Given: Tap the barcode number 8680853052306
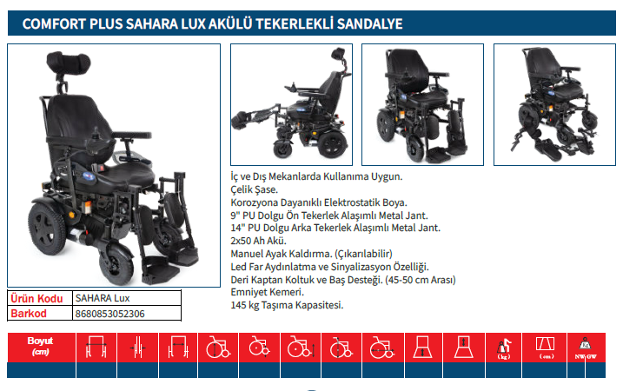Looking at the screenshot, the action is click(109, 314).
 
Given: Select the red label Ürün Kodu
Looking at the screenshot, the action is click(36, 298).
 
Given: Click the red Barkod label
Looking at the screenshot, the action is click(29, 314).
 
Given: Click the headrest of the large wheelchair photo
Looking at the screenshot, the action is click(69, 63).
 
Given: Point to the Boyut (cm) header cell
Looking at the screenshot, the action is click(40, 347).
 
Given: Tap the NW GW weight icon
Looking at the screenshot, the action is click(586, 348).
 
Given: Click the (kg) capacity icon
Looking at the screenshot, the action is click(504, 348).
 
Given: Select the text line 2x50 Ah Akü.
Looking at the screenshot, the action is click(258, 241).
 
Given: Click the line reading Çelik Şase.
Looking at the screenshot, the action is click(254, 189).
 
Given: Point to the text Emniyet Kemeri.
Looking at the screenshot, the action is click(267, 292).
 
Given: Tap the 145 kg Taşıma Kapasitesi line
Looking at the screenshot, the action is click(287, 305).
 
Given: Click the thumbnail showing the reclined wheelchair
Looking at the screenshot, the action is click(291, 104).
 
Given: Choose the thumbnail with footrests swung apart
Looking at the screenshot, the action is click(554, 104).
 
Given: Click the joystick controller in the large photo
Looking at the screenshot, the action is click(96, 139).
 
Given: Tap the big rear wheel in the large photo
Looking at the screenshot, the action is click(47, 229).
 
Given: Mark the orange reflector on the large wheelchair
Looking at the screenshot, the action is click(87, 207).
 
